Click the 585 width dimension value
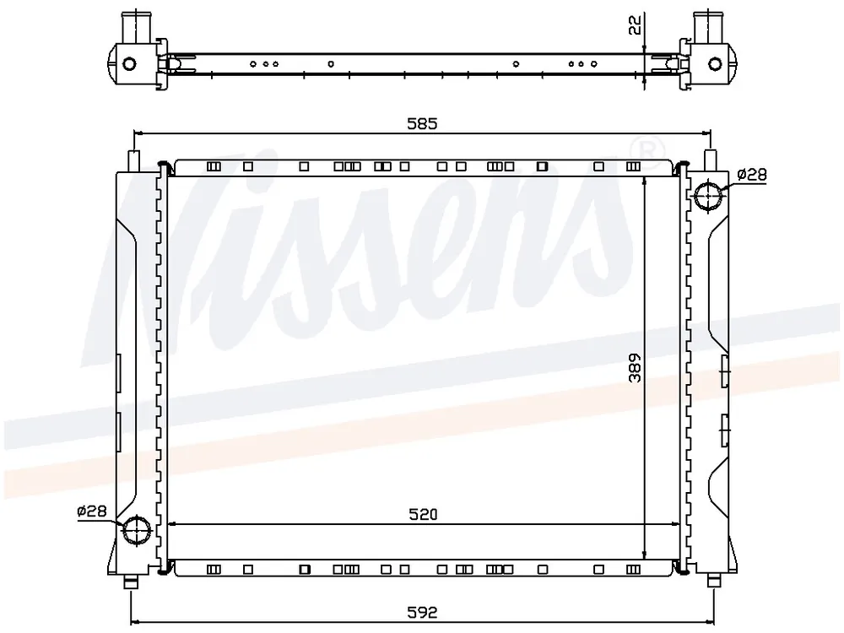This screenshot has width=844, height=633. click(422, 123)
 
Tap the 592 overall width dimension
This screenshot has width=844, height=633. click(423, 612)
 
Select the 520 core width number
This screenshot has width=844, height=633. click(423, 514)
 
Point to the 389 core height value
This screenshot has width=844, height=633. click(636, 368)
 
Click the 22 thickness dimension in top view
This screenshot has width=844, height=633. click(636, 25)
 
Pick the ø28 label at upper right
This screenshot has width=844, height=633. click(751, 175)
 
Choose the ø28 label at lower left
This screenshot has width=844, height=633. click(92, 511)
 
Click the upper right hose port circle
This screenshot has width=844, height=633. click(707, 196)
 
